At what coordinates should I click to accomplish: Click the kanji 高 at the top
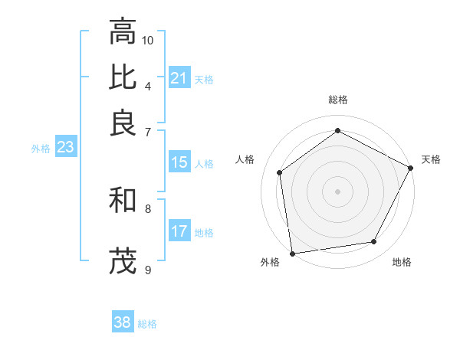pos(123,33)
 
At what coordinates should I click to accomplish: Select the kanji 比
pos(123,77)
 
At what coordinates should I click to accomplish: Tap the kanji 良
pos(123,122)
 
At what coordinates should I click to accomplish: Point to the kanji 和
pos(123,202)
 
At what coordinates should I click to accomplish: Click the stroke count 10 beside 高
pos(148,40)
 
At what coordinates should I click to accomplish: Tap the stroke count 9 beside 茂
pos(148,269)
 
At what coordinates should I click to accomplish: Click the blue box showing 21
pos(179,78)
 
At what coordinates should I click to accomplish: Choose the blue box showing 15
pos(179,162)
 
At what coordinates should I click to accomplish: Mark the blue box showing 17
pos(179,231)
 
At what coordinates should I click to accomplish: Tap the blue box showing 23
pos(65,148)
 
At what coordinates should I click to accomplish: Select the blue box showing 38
pos(123,322)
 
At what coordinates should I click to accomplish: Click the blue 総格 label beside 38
pos(147,324)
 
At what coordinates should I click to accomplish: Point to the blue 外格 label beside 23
pos(41,149)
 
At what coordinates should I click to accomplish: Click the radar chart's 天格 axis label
pos(431,159)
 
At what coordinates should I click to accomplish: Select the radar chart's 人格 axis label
pos(245,159)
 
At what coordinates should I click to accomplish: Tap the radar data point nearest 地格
pos(374,242)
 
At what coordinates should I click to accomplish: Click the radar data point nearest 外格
pos(292,253)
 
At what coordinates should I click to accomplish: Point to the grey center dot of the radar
pos(337,191)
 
